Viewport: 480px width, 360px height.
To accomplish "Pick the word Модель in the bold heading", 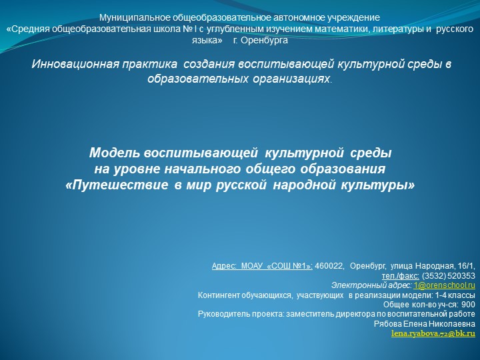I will coord(114,153).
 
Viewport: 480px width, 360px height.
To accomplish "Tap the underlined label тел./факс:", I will coord(401,275).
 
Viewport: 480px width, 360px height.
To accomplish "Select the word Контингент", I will coord(221,295).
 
